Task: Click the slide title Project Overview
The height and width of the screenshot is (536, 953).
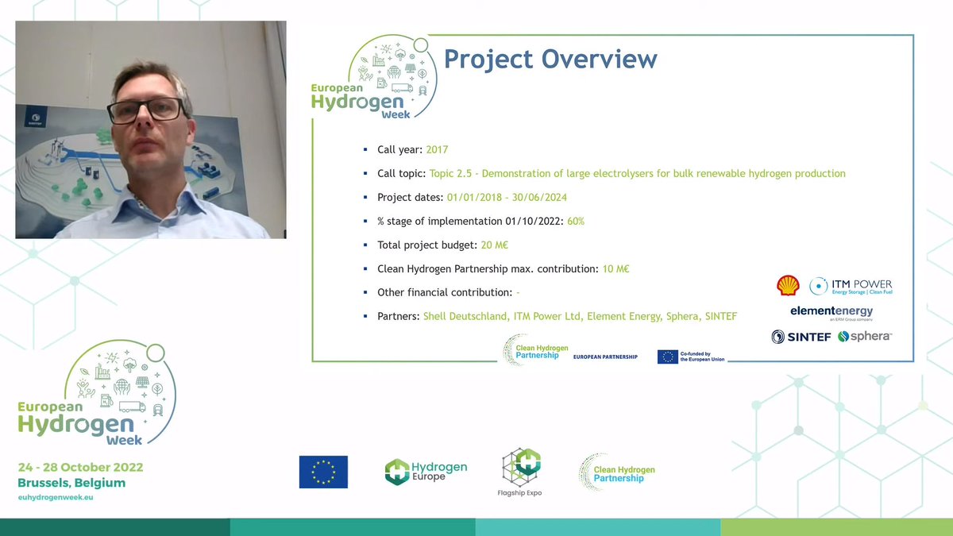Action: tap(550, 60)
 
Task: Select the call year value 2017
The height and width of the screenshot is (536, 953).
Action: tap(438, 149)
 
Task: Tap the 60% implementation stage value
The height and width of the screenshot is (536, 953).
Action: tap(575, 221)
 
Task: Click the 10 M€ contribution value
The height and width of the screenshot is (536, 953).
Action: tap(615, 268)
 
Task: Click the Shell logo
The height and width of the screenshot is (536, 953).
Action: tap(788, 286)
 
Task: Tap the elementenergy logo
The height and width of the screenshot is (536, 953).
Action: tap(831, 312)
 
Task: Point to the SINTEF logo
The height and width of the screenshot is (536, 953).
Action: tap(801, 337)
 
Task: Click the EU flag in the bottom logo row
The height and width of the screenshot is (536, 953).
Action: tap(323, 472)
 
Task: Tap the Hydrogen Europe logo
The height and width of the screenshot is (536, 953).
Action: tap(426, 471)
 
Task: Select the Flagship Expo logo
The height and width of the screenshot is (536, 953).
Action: tap(521, 472)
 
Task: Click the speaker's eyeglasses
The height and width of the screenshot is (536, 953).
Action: tap(145, 110)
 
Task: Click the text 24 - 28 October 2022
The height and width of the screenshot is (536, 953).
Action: tap(80, 467)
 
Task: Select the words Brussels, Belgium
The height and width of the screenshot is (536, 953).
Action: tap(71, 482)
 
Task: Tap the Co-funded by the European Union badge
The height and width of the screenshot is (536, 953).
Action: tap(691, 357)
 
